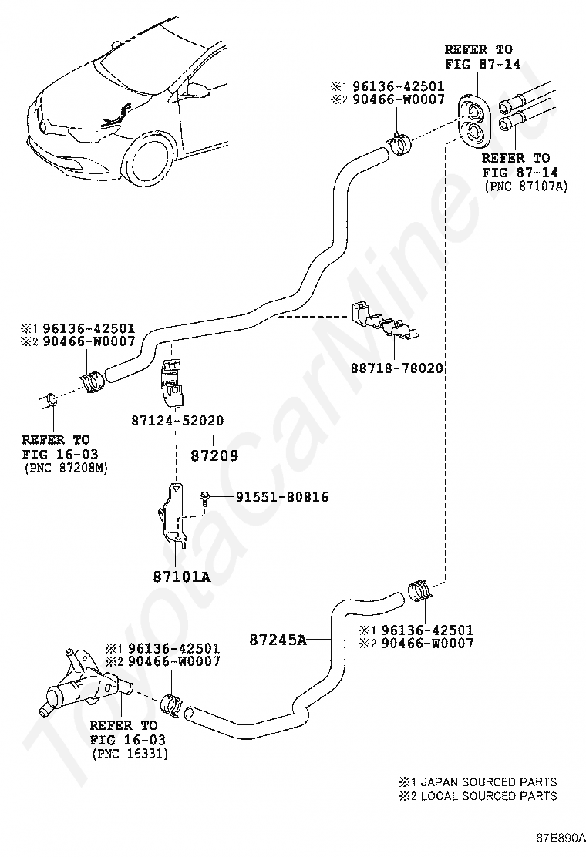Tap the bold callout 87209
214,455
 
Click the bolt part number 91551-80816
271,497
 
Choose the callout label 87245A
278,639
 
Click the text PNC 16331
129,753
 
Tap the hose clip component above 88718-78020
384,321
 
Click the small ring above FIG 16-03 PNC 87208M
51,400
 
